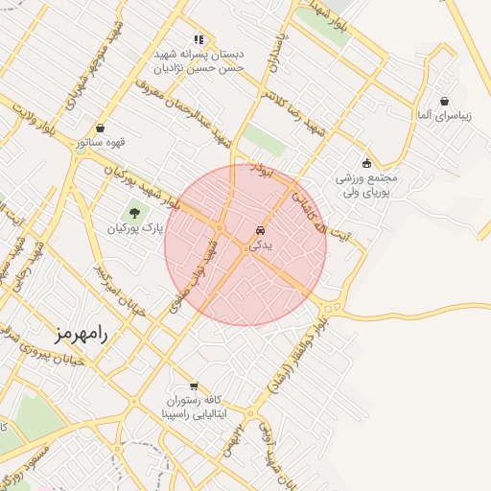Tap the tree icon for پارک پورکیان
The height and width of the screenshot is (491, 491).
coord(134,212)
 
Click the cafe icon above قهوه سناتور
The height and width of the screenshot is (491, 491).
coord(101,129)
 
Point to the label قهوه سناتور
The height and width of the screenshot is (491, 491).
coord(101,144)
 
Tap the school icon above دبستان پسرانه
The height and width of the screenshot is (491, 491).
coord(199,39)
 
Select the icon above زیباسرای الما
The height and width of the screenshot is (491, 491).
coord(445,101)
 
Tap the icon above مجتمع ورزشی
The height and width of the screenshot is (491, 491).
coord(366,163)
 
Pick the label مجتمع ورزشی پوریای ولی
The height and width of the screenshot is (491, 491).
coord(365,185)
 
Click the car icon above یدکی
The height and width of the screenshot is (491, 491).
coord(260,230)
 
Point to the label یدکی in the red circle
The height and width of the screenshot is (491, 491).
coord(260,245)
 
